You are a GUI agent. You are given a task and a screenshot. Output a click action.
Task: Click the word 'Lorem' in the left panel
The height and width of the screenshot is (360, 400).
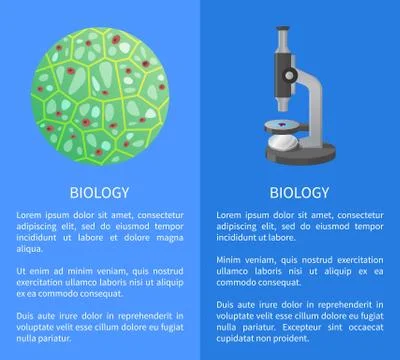click(32, 213)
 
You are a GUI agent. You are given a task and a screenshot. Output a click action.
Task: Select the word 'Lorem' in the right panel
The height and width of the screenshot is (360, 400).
click(233, 213)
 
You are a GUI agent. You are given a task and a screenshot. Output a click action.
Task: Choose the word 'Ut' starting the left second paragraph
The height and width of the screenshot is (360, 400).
click(22, 270)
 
